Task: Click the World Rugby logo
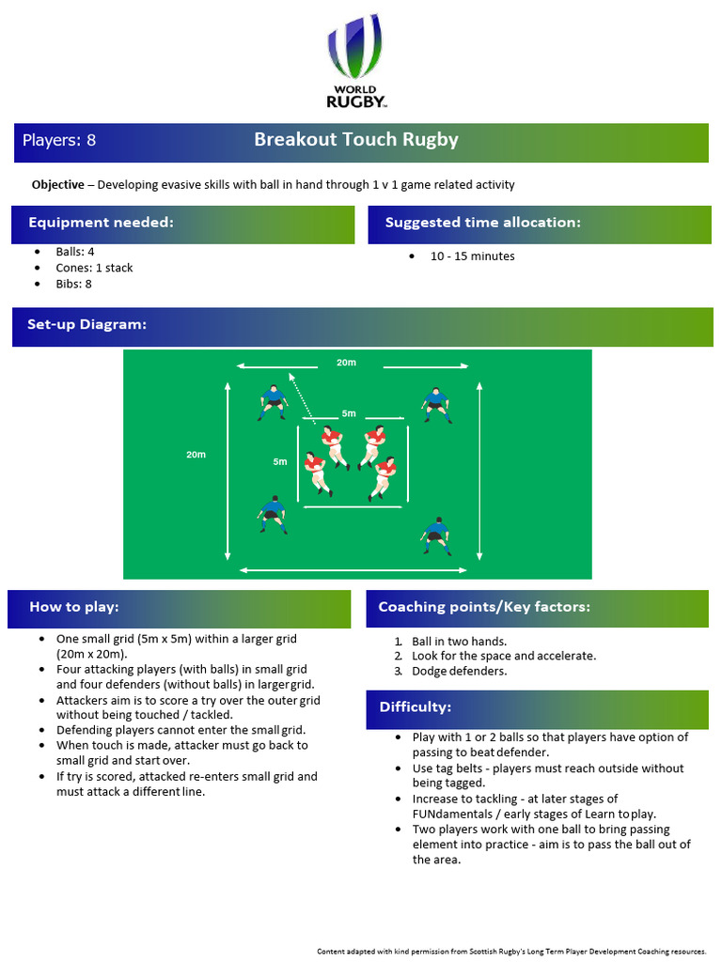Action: pos(356,61)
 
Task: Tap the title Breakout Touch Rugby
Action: pos(356,140)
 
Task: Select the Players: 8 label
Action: pos(59,141)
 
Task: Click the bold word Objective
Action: pos(57,185)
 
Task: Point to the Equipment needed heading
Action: pos(101,223)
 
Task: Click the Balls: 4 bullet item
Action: pos(75,252)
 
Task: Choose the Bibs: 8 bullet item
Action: pos(74,284)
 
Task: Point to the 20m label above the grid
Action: pos(346,363)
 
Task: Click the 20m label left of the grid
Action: pos(196,455)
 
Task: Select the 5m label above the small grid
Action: pos(349,413)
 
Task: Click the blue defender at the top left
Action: pos(273,402)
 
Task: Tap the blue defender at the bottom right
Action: pos(434,535)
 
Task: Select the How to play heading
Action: pos(74,607)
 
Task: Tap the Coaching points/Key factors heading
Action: pos(484,607)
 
